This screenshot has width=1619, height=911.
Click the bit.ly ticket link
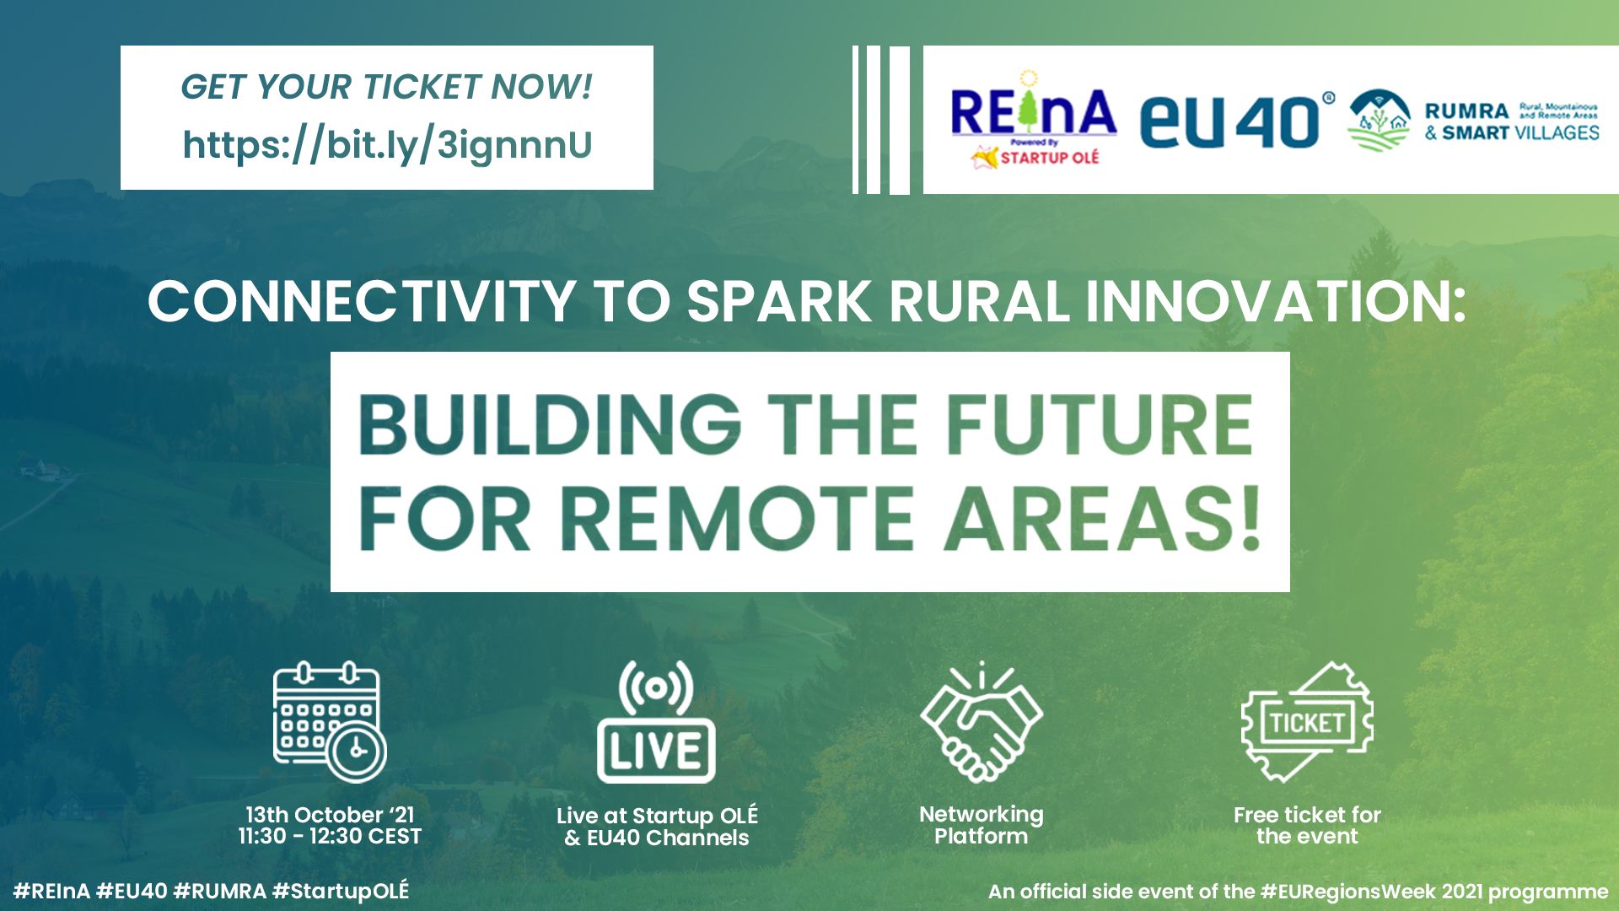[x=387, y=145]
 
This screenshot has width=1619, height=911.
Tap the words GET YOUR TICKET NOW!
[x=387, y=87]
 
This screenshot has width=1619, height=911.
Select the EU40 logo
[x=1236, y=121]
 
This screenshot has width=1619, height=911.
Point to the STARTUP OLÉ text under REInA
[x=1050, y=158]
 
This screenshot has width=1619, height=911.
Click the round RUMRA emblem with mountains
[x=1380, y=121]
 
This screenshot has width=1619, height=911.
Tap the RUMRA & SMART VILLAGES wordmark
[x=1512, y=121]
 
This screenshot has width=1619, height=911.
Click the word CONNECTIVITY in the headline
[x=362, y=301]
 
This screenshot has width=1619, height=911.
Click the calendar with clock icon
[x=330, y=722]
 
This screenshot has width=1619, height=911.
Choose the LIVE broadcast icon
[x=656, y=722]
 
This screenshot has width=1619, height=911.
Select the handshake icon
[x=982, y=722]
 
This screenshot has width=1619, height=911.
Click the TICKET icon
[x=1307, y=722]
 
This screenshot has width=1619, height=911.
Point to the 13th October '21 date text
[x=330, y=815]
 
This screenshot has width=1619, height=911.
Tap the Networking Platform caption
[x=982, y=825]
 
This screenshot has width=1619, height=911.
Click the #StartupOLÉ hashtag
[x=341, y=891]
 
